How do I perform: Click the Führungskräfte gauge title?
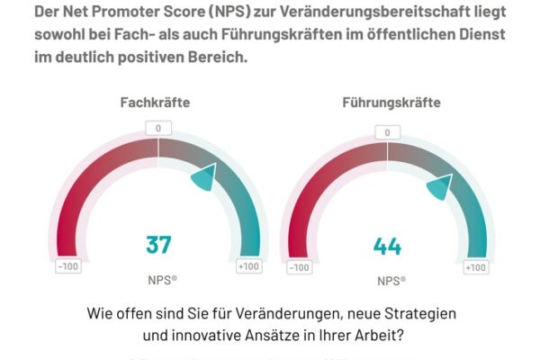[x=391, y=103]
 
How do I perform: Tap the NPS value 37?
[x=158, y=244]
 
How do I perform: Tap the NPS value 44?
[x=387, y=247]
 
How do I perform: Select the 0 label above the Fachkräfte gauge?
[x=157, y=128]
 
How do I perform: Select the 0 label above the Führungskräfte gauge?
[x=387, y=133]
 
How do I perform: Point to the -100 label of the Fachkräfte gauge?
[x=67, y=266]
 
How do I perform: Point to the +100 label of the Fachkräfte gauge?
[x=248, y=266]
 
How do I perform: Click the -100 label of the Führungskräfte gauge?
[x=299, y=267]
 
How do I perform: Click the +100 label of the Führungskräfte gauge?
[x=475, y=267]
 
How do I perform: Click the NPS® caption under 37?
[x=162, y=280]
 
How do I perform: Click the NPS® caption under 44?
[x=390, y=281]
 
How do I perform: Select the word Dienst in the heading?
[x=466, y=35]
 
